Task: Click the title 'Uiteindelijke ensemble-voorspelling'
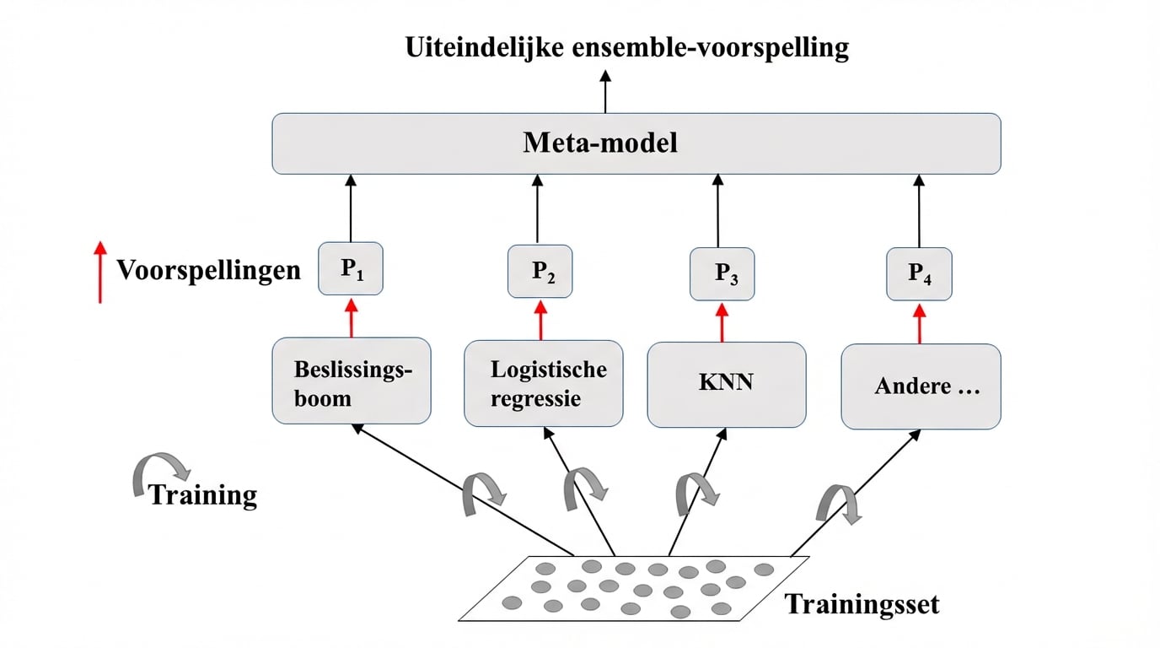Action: (x=626, y=47)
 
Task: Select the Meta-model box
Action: (x=636, y=143)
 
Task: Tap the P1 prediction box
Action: (x=351, y=269)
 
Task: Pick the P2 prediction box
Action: (x=540, y=271)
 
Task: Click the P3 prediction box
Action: (x=722, y=273)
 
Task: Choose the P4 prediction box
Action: (x=919, y=273)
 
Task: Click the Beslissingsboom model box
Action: (x=352, y=381)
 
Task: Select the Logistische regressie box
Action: (x=544, y=383)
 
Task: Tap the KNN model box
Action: (x=726, y=384)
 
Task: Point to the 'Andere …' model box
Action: (x=921, y=386)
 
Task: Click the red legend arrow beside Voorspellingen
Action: (x=100, y=272)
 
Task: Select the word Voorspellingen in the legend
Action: (x=208, y=270)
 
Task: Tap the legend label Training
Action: (x=202, y=494)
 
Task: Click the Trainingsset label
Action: (x=862, y=604)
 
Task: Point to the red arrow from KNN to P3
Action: (x=722, y=322)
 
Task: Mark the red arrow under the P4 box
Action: (x=919, y=323)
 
